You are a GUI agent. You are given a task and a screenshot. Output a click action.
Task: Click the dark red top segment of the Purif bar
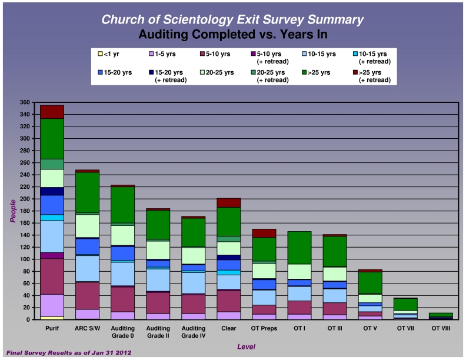(x=52, y=112)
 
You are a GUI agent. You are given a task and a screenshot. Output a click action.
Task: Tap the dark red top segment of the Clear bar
(x=228, y=202)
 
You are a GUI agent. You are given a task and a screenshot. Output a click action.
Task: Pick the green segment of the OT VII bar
(x=405, y=304)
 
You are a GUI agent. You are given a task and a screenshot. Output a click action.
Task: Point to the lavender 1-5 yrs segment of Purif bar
(x=52, y=305)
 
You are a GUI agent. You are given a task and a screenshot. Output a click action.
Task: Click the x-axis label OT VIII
(x=441, y=328)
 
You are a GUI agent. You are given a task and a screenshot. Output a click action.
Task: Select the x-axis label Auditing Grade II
(x=158, y=332)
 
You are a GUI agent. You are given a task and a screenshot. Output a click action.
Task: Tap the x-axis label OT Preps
(x=264, y=328)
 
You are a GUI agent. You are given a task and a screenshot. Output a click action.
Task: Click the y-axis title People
(x=12, y=211)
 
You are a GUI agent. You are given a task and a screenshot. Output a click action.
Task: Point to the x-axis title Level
(x=246, y=347)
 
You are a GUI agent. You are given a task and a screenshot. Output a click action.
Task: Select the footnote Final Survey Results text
(x=68, y=352)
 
